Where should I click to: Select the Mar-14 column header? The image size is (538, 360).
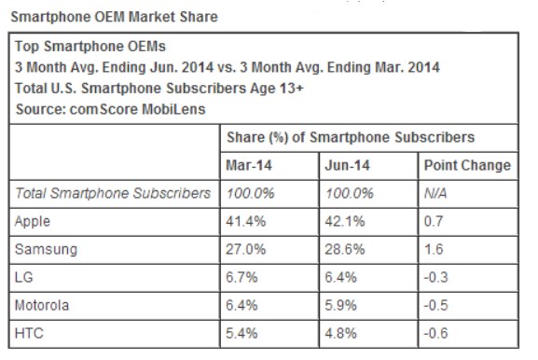(x=247, y=165)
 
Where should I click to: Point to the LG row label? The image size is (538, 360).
(x=26, y=278)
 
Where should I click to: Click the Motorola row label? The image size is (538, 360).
(x=46, y=306)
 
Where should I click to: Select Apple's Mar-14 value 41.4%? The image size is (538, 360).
(x=245, y=221)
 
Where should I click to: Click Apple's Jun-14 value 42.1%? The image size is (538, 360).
(x=344, y=221)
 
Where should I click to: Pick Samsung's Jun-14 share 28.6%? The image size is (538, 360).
(x=344, y=250)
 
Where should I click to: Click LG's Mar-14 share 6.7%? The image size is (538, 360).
(x=241, y=278)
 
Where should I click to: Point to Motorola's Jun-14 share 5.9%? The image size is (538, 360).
(x=340, y=306)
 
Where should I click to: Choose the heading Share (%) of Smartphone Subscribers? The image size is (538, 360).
(x=352, y=137)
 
